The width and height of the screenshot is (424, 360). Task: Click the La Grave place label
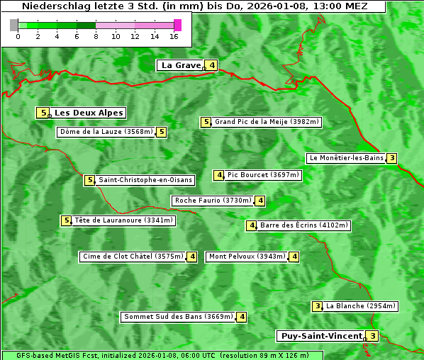[181, 65]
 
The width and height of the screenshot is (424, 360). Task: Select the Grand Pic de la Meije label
[267, 122]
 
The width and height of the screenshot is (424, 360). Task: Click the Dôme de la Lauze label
[106, 132]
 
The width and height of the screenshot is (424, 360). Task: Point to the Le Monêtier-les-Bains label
[345, 158]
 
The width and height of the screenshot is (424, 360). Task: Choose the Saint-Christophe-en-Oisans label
[145, 180]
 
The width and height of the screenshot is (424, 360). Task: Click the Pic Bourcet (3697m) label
[263, 175]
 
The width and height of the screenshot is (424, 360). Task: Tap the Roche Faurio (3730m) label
[213, 201]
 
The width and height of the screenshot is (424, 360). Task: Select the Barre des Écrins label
[304, 225]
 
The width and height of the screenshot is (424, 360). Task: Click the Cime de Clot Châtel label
[133, 257]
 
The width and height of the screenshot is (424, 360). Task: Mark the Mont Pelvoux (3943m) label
[247, 257]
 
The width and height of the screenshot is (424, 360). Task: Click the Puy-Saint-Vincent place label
[320, 336]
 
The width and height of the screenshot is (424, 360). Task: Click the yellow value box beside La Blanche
[317, 306]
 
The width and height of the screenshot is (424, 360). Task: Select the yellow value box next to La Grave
[212, 65]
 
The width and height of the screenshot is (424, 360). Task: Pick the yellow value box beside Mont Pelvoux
[294, 257]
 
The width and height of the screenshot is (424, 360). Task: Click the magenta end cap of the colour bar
[177, 25]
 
